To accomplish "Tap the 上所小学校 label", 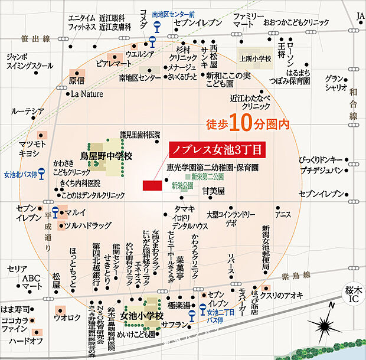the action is [x=255, y=58].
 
